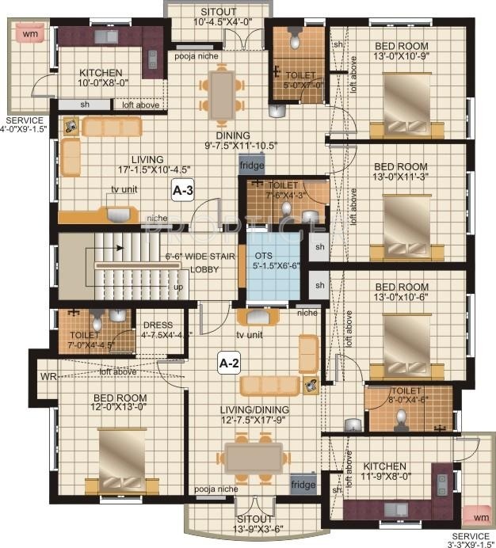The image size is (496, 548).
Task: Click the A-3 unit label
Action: coord(184,191)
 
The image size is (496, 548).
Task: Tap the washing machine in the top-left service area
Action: coord(29,34)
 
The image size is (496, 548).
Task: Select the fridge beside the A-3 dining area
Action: coord(252,166)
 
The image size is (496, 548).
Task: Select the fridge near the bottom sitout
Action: coord(302,484)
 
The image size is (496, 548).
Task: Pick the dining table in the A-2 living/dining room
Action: coord(254,458)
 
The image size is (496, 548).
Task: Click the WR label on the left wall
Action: coord(48,375)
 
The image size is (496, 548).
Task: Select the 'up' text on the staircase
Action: coord(178,287)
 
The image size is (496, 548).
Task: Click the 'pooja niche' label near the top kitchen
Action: coord(197,56)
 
